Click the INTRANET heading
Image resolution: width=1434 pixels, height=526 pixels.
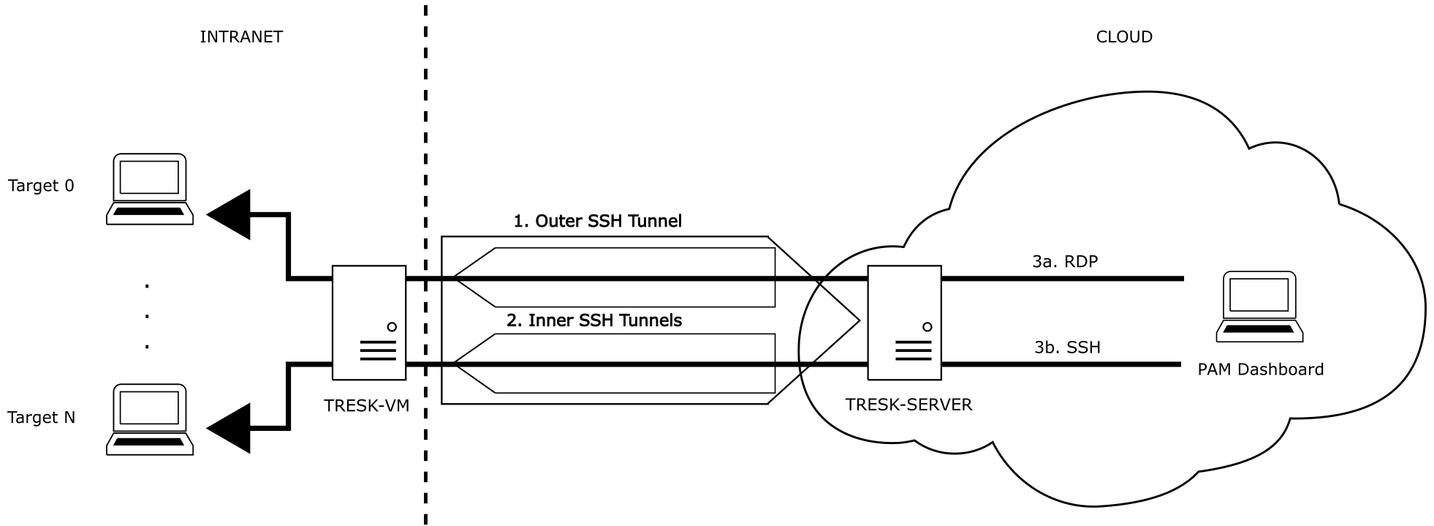240,37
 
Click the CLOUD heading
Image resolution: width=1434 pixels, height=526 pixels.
1123,37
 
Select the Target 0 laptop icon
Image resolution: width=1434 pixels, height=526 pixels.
150,189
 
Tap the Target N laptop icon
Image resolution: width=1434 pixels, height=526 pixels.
150,419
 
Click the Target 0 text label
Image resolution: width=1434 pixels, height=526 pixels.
41,186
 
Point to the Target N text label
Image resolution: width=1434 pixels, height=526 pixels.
41,418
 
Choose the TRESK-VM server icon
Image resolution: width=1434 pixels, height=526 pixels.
369,323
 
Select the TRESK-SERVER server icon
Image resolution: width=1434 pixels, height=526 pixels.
904,323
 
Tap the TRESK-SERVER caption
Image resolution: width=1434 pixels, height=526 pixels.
908,405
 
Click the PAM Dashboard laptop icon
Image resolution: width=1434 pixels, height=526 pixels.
1259,307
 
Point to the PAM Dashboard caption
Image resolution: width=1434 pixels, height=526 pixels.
1260,370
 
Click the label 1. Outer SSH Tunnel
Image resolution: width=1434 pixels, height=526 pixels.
597,221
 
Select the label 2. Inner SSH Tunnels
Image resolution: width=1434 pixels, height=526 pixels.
593,320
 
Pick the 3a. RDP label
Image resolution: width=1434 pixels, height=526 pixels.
1065,261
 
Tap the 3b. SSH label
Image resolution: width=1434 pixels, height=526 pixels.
1067,347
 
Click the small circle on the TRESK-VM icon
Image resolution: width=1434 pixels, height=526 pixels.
392,327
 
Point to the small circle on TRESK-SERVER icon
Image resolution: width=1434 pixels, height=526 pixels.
927,327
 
